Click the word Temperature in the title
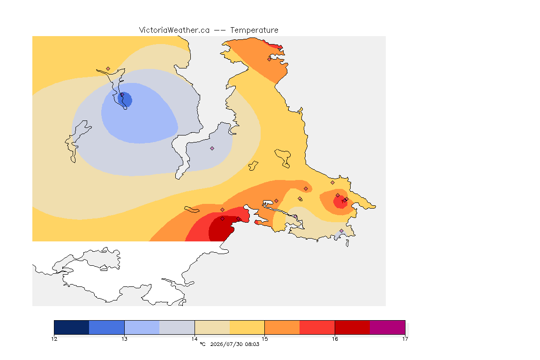coord(254,30)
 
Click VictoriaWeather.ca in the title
coord(174,30)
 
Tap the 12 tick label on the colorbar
coord(54,339)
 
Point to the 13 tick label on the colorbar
coord(124,339)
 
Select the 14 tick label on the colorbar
coord(195,339)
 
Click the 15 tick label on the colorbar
coord(264,339)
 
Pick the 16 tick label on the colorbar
coord(335,339)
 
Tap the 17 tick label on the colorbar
coord(405,339)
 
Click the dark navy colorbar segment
coord(72,327)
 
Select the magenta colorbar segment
coord(388,327)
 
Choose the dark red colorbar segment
coord(352,327)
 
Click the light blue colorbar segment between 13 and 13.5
coord(142,327)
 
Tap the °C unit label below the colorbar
coord(203,344)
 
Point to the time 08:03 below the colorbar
coord(252,344)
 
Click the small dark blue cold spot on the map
coord(125,99)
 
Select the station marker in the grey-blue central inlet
coord(212,149)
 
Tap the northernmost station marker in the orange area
coord(270,59)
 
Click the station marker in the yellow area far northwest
coord(108,69)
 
